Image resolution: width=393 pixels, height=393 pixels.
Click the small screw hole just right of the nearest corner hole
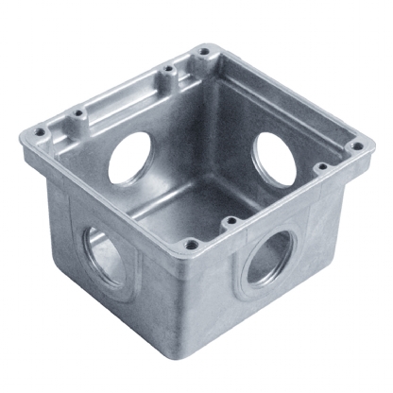point(229,223)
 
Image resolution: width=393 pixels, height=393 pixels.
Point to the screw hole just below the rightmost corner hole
point(323,167)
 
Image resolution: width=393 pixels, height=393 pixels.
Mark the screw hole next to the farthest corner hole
point(167,67)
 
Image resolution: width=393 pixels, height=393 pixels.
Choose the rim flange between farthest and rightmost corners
point(283,94)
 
